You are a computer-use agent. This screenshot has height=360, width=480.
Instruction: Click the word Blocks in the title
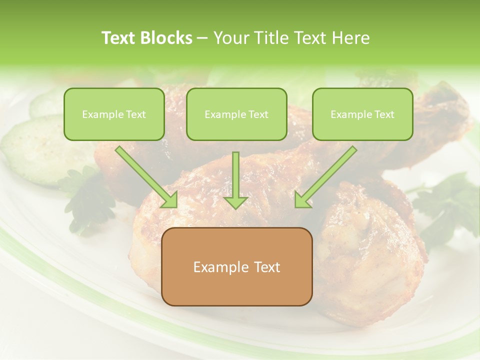coord(167,38)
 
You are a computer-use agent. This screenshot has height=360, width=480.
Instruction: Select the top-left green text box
coord(114,114)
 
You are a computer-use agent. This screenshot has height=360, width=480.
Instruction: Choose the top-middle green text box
coord(236,114)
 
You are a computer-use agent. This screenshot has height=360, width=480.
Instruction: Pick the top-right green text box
coord(362,114)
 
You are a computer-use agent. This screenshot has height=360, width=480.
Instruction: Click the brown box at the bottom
coord(236,266)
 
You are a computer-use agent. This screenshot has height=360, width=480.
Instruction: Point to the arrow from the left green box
coord(146,176)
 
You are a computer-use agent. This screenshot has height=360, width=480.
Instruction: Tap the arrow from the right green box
coord(326,176)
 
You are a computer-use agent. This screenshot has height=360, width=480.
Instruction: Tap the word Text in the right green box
coord(384,114)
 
